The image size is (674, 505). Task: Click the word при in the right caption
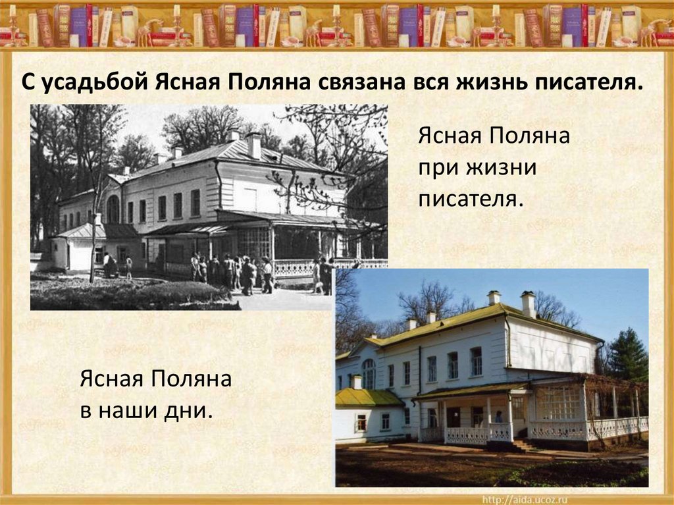point(438,168)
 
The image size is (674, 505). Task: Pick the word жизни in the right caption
point(502,168)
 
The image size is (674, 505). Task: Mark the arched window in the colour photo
point(369,373)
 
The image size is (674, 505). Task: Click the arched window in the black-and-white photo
point(113,209)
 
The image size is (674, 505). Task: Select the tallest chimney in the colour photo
point(528,304)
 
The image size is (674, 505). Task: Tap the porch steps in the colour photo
point(525,446)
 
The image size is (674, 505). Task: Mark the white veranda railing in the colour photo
point(559,431)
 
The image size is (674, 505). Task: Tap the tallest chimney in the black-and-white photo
point(254,146)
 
